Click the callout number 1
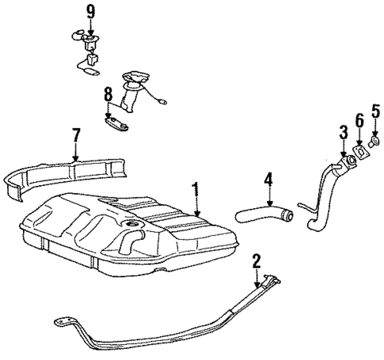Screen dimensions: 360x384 pyautogui.click(x=195, y=189)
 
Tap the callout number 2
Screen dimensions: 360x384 pyautogui.click(x=257, y=260)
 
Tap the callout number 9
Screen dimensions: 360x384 pyautogui.click(x=90, y=12)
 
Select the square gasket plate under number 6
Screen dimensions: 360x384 pyautogui.click(x=360, y=153)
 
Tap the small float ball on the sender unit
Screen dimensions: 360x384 pyautogui.click(x=162, y=101)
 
